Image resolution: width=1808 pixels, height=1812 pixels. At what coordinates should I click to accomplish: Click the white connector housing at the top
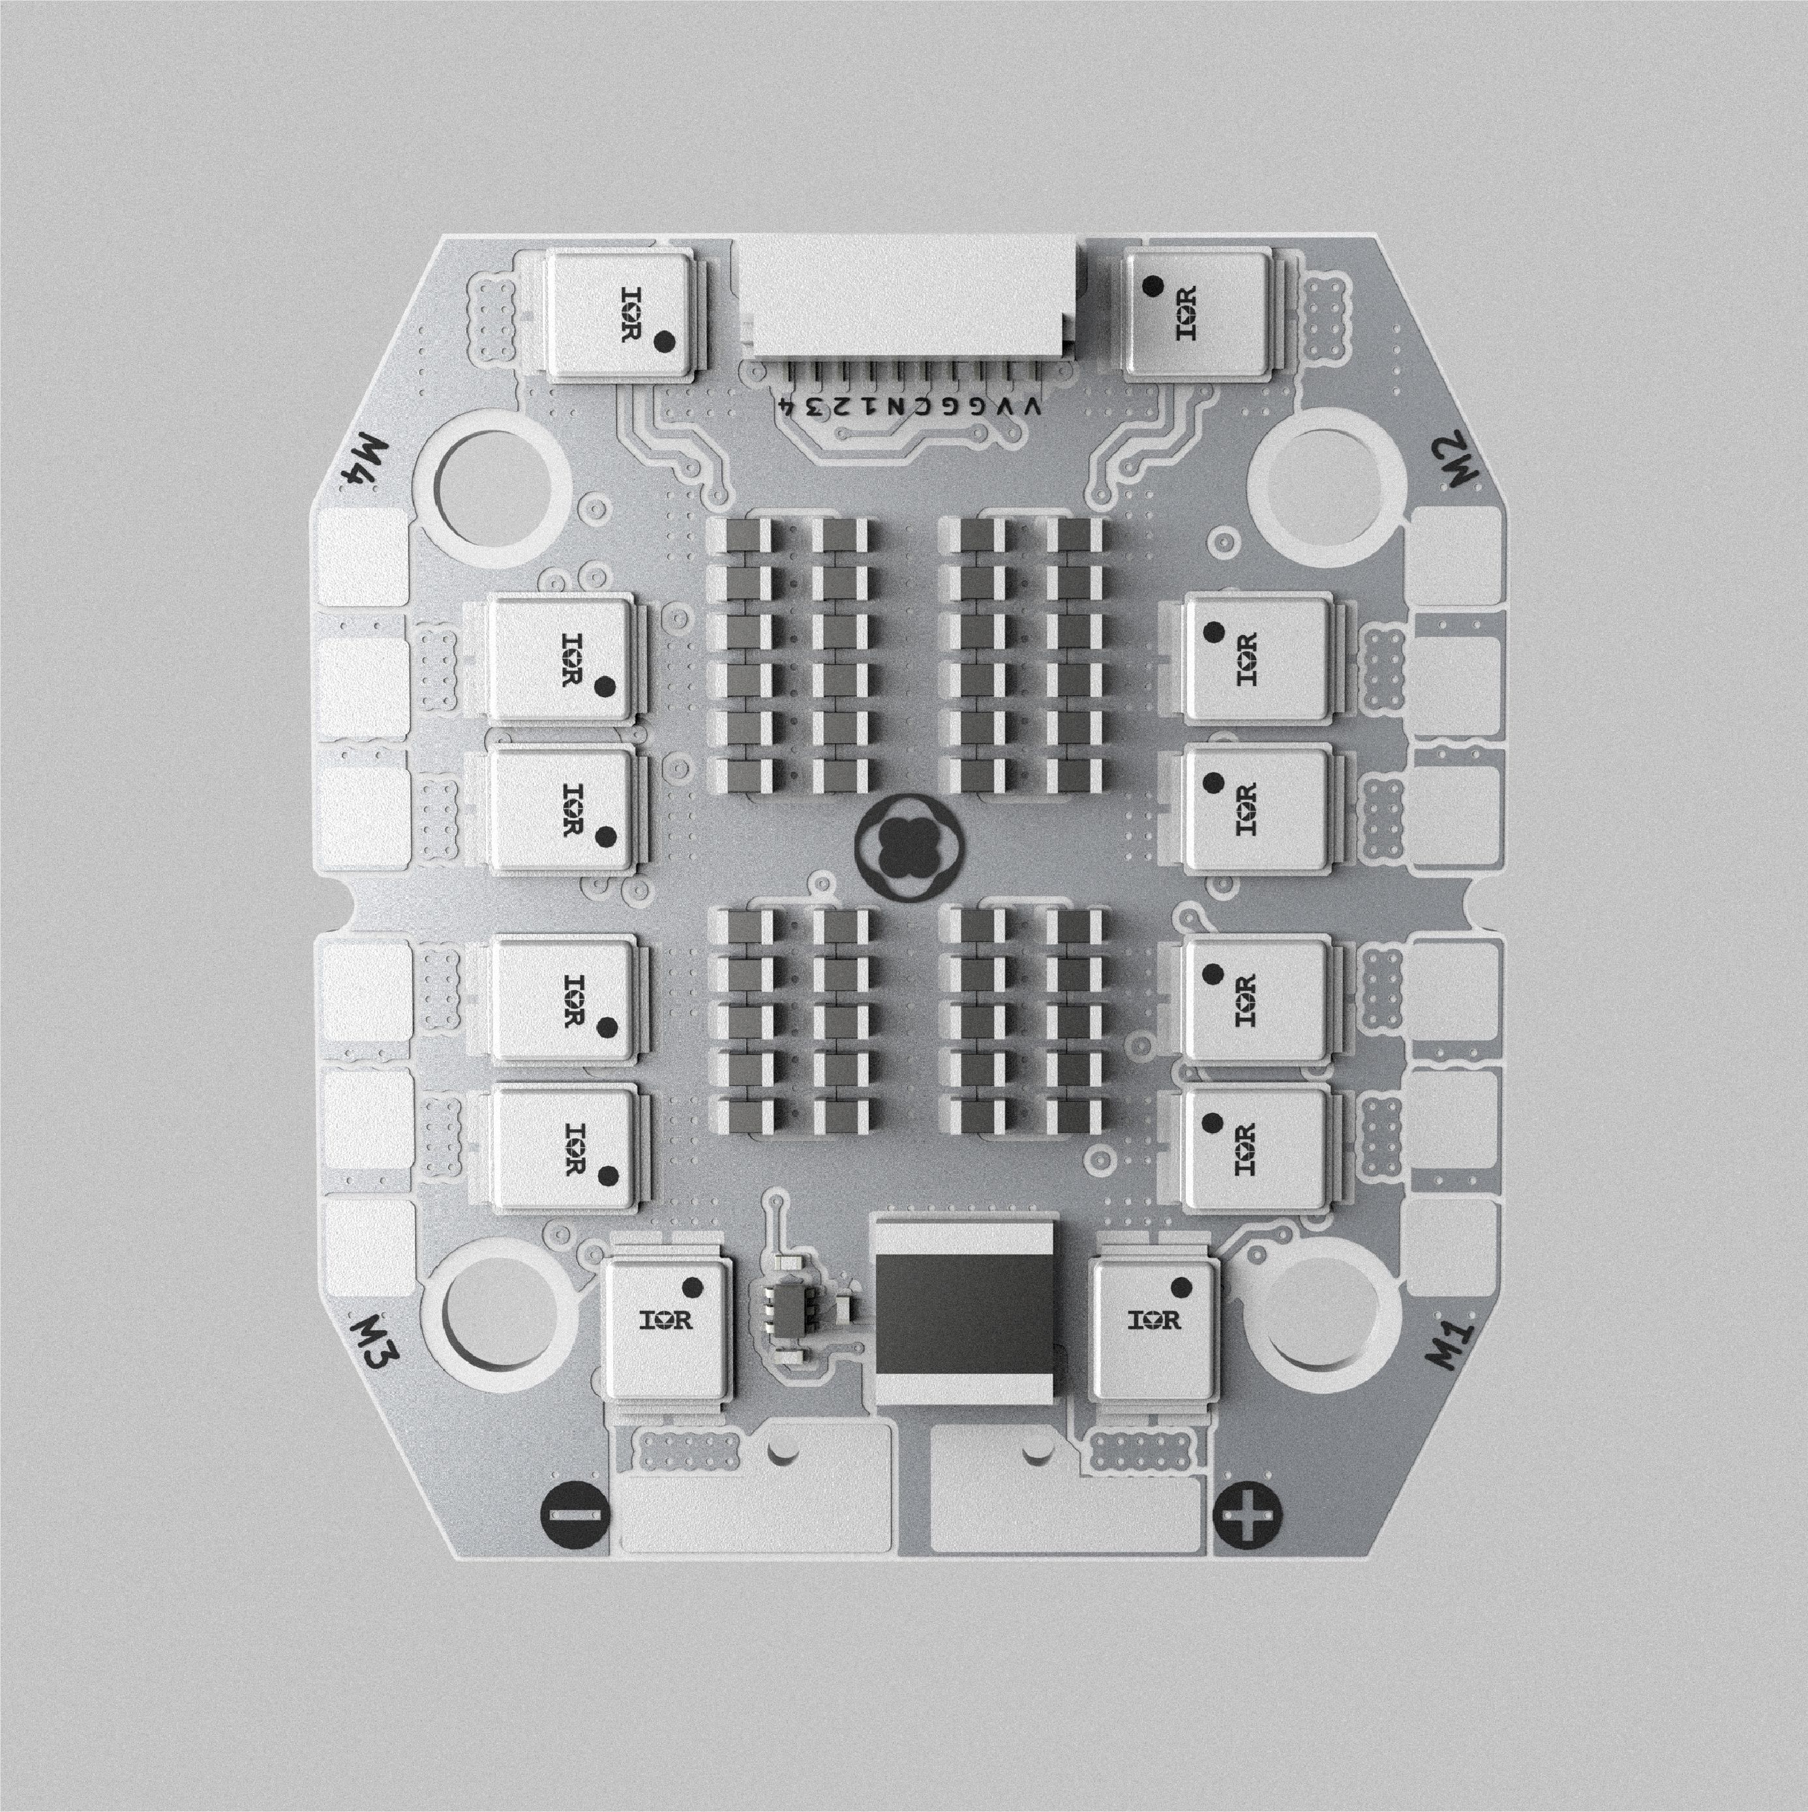pyautogui.click(x=912, y=300)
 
